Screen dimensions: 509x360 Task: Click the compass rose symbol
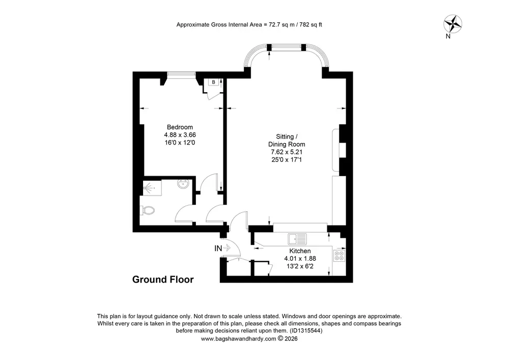[453, 24]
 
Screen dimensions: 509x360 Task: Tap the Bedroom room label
[180, 127]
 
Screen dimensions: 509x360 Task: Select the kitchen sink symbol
[297, 239]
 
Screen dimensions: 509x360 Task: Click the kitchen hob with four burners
[339, 256]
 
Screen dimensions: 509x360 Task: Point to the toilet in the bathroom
[148, 210]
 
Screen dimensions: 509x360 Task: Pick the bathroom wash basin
[184, 184]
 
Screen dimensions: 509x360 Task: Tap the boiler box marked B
[213, 82]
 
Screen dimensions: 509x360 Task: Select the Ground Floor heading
[163, 280]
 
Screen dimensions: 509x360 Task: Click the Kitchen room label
[300, 251]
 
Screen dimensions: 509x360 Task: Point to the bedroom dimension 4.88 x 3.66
[180, 135]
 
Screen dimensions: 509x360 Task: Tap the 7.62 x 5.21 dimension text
[287, 152]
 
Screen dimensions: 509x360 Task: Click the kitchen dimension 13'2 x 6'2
[300, 266]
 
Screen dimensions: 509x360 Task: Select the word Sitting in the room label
[285, 136]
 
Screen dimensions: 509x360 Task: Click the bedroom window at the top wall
[182, 75]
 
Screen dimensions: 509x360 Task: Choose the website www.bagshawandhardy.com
[238, 339]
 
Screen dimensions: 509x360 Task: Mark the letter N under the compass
[448, 36]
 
